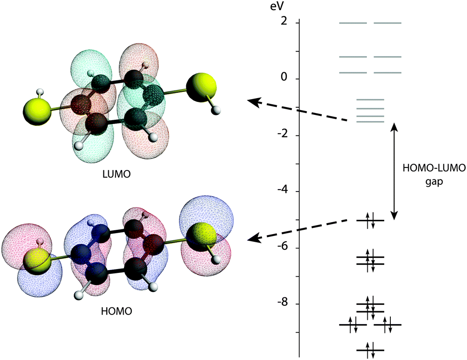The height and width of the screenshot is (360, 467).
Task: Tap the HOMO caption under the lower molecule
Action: tap(117, 311)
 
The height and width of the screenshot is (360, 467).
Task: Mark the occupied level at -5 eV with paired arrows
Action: tap(370, 220)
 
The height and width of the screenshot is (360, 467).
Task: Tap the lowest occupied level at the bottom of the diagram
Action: tap(370, 350)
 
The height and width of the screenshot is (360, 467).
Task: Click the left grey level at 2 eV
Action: tap(353, 22)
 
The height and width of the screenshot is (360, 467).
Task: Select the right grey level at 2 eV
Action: tap(387, 22)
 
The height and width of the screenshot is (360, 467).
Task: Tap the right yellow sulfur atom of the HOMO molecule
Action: tap(201, 236)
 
